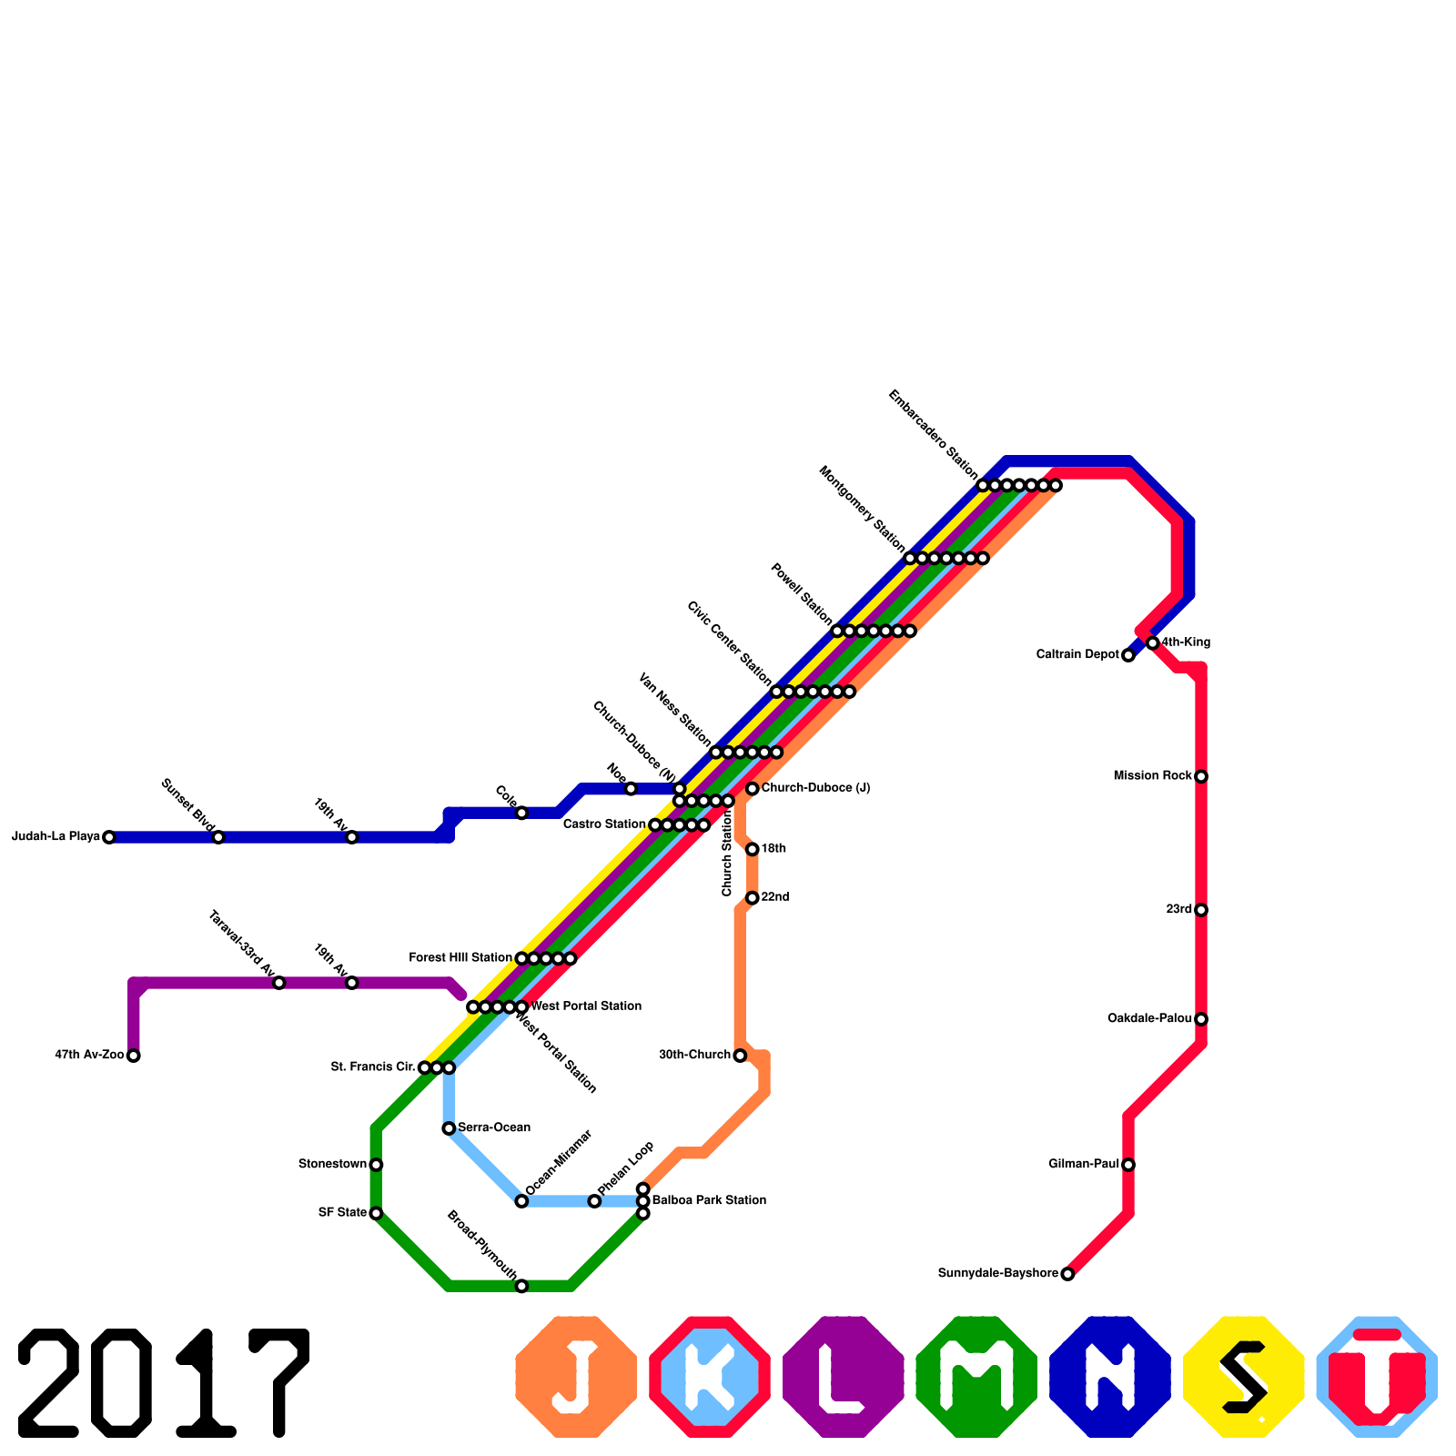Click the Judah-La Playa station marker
109,837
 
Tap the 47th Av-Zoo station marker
134,1056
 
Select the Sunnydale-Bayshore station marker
1067,1274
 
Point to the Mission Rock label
1152,776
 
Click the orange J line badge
576,1377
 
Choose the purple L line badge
844,1377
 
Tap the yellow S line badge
1244,1377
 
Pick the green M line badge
976,1377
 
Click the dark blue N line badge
1110,1377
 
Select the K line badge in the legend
710,1377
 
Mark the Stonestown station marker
376,1165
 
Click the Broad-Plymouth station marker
521,1286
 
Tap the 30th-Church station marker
740,1056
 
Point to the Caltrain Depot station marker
1128,655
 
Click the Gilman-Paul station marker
1128,1165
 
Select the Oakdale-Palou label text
1149,1019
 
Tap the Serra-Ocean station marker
449,1128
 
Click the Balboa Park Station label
709,1201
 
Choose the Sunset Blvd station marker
218,837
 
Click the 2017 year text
164,1383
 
